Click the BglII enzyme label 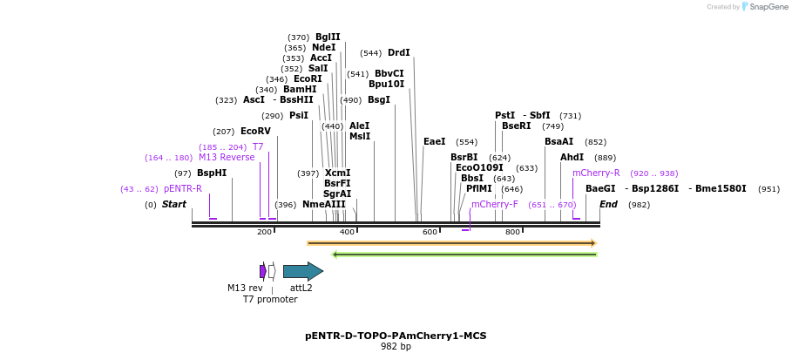(x=328, y=37)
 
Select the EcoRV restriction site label (x=255, y=131)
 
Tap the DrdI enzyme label (x=398, y=52)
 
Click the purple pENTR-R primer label (x=182, y=188)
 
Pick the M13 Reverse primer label (x=227, y=157)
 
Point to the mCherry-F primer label (x=494, y=204)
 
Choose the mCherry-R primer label (x=596, y=173)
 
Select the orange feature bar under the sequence (x=451, y=243)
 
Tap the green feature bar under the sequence (x=464, y=255)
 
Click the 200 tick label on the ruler (x=264, y=232)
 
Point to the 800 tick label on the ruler (x=512, y=232)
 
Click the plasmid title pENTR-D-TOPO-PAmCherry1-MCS (x=396, y=336)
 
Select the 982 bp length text (x=396, y=347)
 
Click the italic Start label (x=174, y=204)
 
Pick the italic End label (x=608, y=204)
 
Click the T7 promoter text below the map (x=270, y=299)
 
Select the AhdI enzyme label (x=572, y=157)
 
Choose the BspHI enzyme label (x=211, y=173)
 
